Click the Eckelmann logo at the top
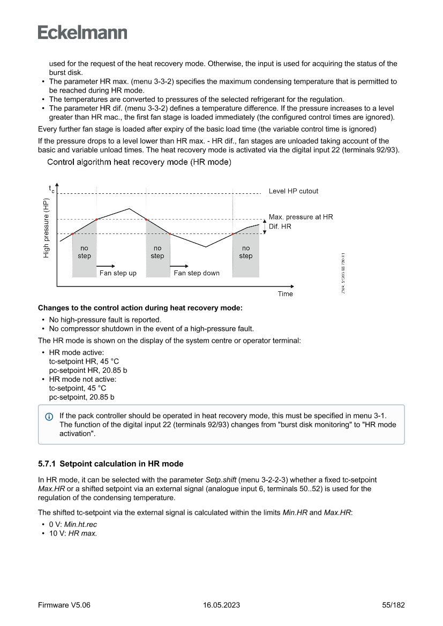(82, 33)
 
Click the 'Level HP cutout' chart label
(293, 191)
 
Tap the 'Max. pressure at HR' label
(301, 217)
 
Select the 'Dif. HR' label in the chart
(280, 227)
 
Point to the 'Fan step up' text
(118, 273)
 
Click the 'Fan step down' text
(197, 273)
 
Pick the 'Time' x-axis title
(285, 294)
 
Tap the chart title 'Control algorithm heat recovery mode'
(139, 162)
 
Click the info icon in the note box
(49, 416)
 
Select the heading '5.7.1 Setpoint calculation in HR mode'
(110, 464)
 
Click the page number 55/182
(393, 605)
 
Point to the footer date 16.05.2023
(221, 605)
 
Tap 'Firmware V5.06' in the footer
(64, 605)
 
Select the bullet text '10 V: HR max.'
(73, 534)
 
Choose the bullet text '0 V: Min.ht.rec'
(73, 525)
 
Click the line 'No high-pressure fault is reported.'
(105, 320)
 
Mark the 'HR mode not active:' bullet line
(82, 379)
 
